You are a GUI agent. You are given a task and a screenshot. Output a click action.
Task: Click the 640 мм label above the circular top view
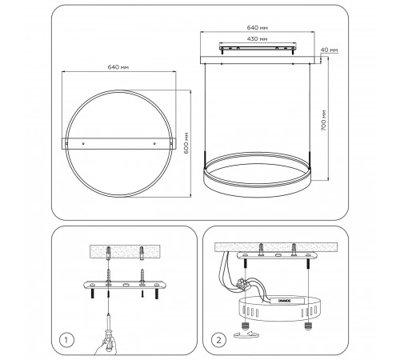(x=118, y=67)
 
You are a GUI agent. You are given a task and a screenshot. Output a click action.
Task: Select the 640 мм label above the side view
(x=258, y=27)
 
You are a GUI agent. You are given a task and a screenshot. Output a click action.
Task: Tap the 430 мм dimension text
(x=257, y=39)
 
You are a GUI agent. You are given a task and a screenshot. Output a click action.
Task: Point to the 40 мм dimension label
(x=329, y=50)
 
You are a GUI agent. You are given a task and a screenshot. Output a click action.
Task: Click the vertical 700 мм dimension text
(x=323, y=120)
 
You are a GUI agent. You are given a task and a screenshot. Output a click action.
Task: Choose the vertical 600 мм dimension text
(x=186, y=142)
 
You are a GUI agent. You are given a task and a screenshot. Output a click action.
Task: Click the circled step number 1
(x=66, y=340)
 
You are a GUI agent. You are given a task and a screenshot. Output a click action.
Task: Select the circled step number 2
(x=218, y=340)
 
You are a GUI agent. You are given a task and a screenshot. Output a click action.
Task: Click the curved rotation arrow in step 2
(x=246, y=334)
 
